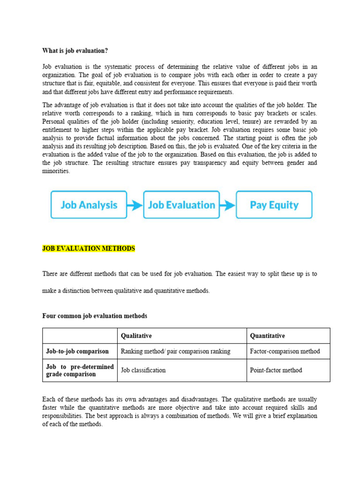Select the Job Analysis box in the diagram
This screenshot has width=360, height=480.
coord(89,205)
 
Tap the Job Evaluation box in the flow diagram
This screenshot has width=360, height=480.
coord(181,205)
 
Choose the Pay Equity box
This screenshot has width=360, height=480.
coord(274,205)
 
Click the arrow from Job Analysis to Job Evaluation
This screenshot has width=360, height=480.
coord(135,205)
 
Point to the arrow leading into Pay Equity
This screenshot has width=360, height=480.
coord(228,205)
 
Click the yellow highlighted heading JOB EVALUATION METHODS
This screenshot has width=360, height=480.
coord(89,248)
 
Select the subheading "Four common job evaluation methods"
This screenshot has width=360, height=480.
coord(95,316)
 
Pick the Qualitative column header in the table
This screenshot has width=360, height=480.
coord(136,336)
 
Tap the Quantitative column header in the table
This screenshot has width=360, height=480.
coord(267,336)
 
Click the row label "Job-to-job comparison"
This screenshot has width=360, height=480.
coord(77,351)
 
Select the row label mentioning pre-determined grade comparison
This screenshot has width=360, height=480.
coord(80,370)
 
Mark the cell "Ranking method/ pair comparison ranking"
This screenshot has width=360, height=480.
coord(175,351)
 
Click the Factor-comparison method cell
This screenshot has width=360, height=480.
coord(285,351)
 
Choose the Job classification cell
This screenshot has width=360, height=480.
coord(143,370)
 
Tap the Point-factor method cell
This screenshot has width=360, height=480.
coord(276,370)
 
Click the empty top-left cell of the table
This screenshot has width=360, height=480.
coord(80,336)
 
